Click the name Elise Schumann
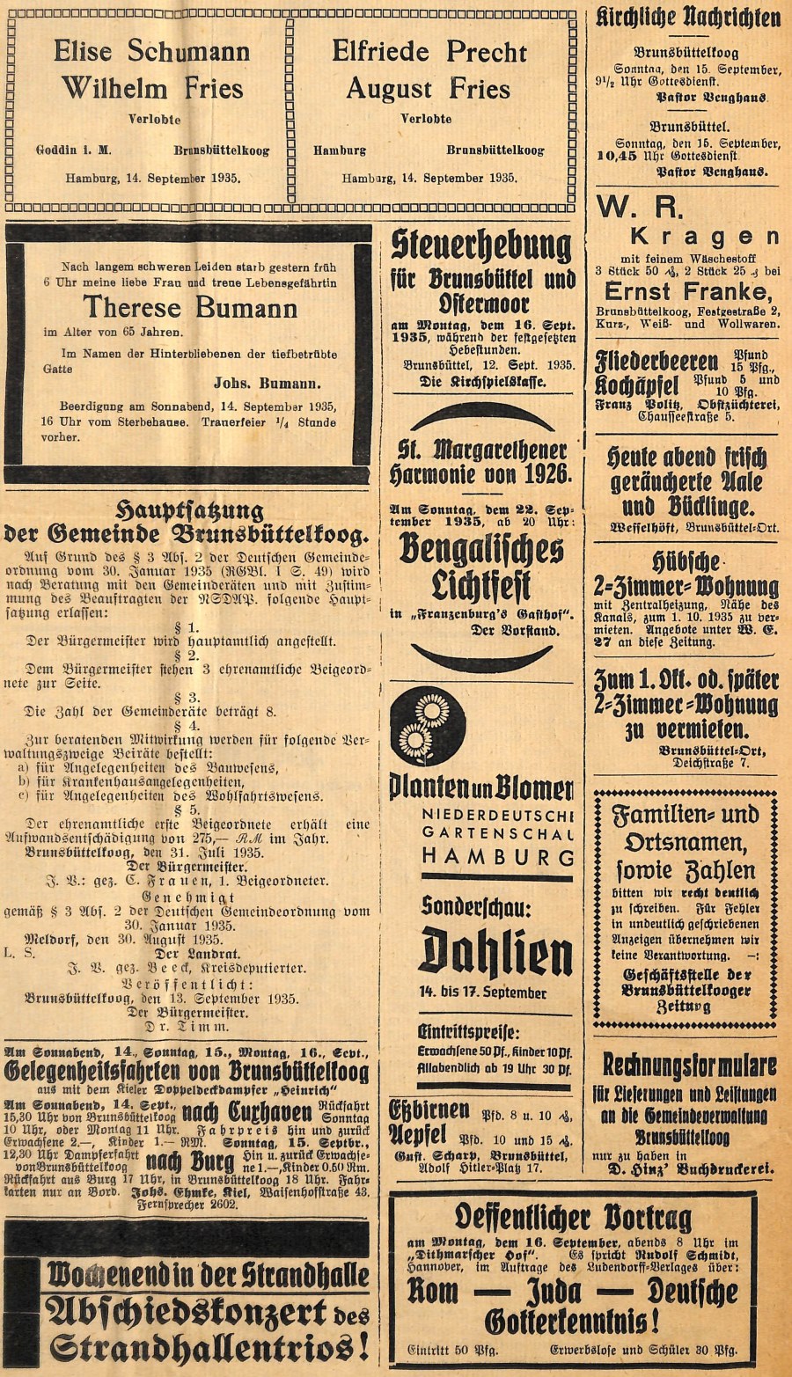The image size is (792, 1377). coord(151,51)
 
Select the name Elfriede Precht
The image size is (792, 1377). coord(429,51)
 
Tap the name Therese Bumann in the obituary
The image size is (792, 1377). coord(190,307)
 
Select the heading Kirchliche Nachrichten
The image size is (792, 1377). coord(687,18)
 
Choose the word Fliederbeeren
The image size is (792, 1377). coord(656,361)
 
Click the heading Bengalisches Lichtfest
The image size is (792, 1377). coord(481,567)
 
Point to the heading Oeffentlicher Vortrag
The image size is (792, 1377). coord(572,1218)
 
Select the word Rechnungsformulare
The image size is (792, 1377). coord(689,1065)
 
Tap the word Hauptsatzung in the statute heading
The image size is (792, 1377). coord(190,511)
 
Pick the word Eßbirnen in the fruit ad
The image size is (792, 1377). coord(422,1110)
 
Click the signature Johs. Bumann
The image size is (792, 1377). coord(267,383)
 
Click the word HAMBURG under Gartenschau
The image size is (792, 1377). coord(497,855)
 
